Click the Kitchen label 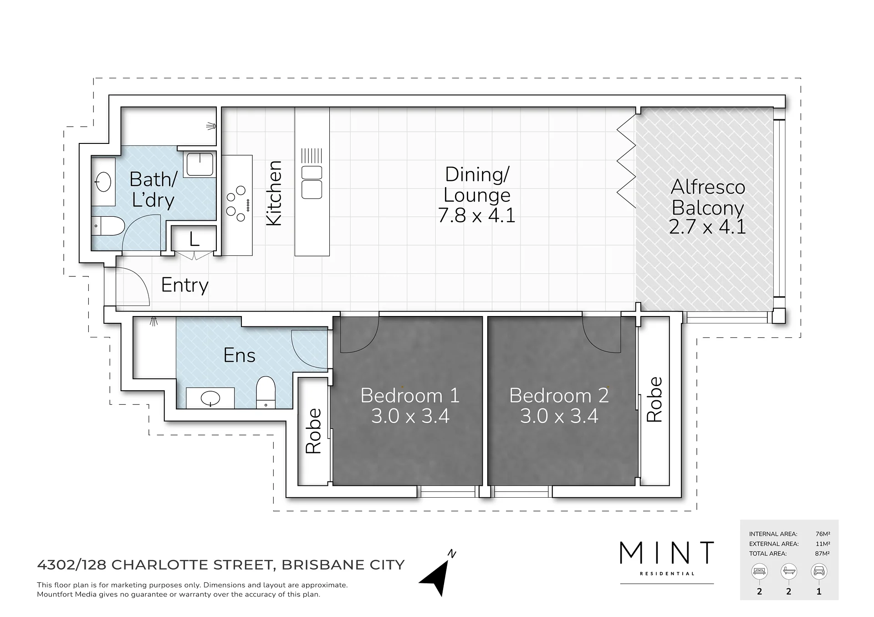click(x=274, y=193)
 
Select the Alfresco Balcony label click(x=708, y=197)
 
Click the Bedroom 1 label click(x=410, y=395)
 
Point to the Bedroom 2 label click(x=559, y=395)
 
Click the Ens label click(x=239, y=355)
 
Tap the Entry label click(x=184, y=286)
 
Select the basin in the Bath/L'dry click(x=104, y=182)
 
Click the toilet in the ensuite click(x=266, y=393)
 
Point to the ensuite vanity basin click(x=210, y=398)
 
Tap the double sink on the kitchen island click(x=312, y=182)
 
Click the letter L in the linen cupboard click(x=194, y=239)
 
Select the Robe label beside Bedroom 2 click(x=654, y=399)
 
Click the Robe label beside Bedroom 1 click(x=313, y=431)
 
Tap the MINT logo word click(x=667, y=552)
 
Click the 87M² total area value click(x=822, y=554)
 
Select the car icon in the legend click(x=819, y=571)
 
